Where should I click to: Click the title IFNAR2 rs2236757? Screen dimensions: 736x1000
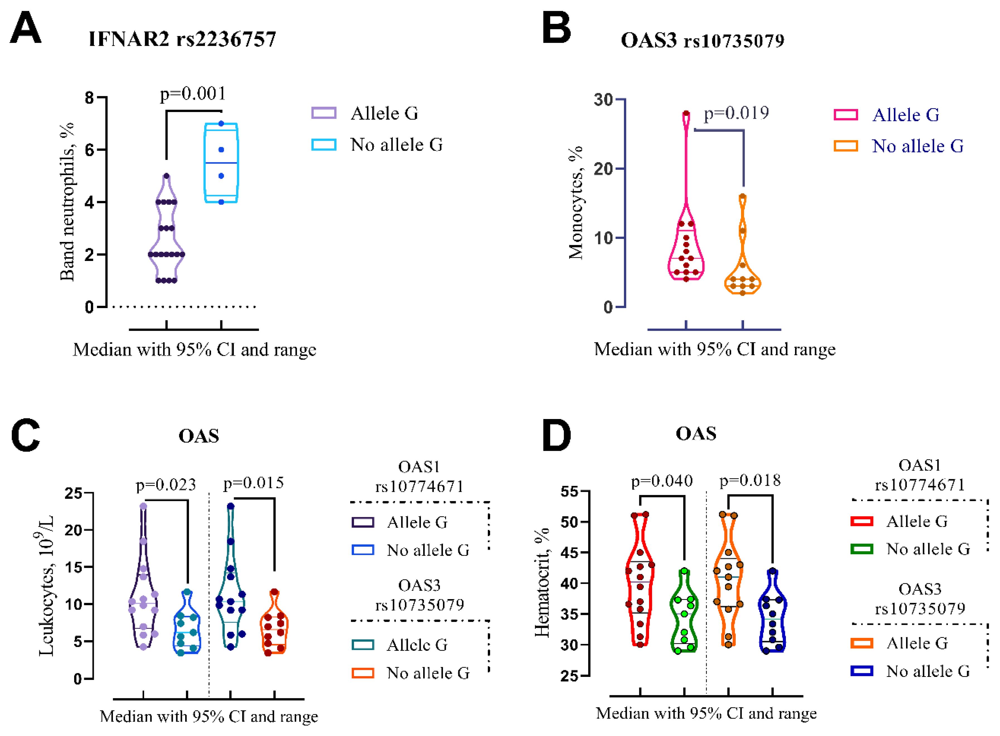pyautogui.click(x=182, y=39)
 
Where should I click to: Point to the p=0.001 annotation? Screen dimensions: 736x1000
pyautogui.click(x=193, y=94)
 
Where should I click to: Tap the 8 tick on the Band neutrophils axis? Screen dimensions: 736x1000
pyautogui.click(x=89, y=98)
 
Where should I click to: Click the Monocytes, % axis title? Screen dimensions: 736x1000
pyautogui.click(x=575, y=203)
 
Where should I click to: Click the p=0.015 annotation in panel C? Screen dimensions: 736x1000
pyautogui.click(x=253, y=483)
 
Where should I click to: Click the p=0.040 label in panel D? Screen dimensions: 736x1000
pyautogui.click(x=662, y=481)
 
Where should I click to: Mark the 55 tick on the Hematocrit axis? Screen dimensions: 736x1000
pyautogui.click(x=569, y=492)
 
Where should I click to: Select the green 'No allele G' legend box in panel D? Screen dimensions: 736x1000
pyautogui.click(x=861, y=549)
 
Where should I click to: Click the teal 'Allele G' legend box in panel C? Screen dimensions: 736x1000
pyautogui.click(x=363, y=645)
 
